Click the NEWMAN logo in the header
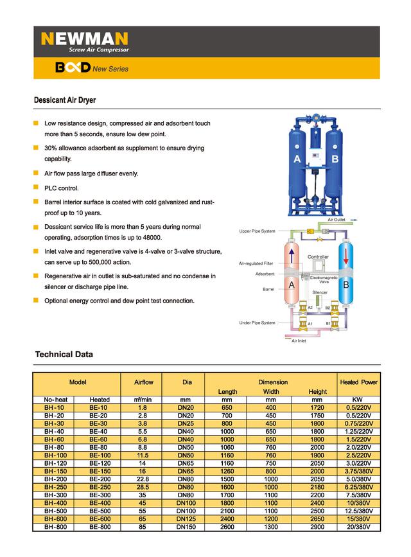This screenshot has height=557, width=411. [85, 39]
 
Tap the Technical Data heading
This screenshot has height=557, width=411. [64, 354]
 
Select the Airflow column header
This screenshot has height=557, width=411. [143, 382]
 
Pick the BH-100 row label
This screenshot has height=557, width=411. [55, 455]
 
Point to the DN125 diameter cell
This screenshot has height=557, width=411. [187, 519]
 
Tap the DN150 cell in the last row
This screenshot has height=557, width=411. [187, 527]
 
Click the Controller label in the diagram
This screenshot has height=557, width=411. [318, 257]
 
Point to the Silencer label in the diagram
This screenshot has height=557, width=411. [320, 292]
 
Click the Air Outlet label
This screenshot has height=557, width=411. [336, 220]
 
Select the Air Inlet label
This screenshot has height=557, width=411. [299, 340]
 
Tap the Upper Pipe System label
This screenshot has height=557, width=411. [257, 231]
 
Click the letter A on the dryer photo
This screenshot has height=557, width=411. [297, 159]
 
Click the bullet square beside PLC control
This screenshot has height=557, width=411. [37, 188]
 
